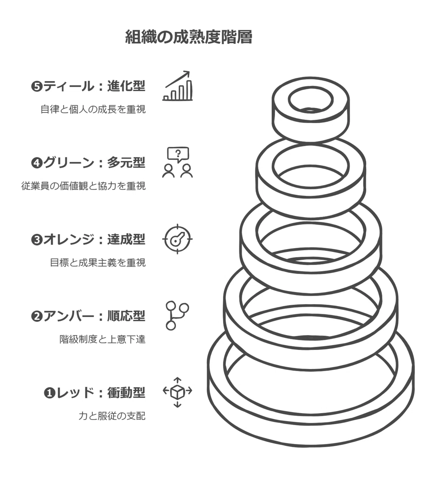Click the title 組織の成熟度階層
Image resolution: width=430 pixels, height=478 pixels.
[188, 37]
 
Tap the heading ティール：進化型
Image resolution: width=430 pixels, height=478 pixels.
[94, 86]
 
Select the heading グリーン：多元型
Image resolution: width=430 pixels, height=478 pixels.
[94, 163]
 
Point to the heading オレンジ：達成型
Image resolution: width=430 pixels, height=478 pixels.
[94, 240]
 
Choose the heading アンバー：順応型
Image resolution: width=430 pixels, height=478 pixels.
[94, 316]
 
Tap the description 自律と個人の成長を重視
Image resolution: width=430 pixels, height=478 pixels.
[93, 109]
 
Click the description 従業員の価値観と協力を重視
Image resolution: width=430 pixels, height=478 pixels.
[83, 186]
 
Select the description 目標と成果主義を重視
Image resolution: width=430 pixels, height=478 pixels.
[98, 262]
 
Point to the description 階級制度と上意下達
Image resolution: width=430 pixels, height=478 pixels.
[102, 339]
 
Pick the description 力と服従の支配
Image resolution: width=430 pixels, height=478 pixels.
[112, 416]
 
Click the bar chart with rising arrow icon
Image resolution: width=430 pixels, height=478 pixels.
[177, 86]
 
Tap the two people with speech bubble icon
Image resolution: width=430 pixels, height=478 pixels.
[177, 162]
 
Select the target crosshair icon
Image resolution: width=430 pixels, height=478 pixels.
[177, 239]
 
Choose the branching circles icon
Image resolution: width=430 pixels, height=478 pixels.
[177, 316]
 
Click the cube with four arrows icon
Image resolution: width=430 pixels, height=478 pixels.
[177, 392]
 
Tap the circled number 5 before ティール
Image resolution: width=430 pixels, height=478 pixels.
[37, 86]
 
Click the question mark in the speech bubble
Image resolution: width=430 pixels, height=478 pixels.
[178, 153]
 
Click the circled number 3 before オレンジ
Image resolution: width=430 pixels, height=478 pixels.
[37, 240]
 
